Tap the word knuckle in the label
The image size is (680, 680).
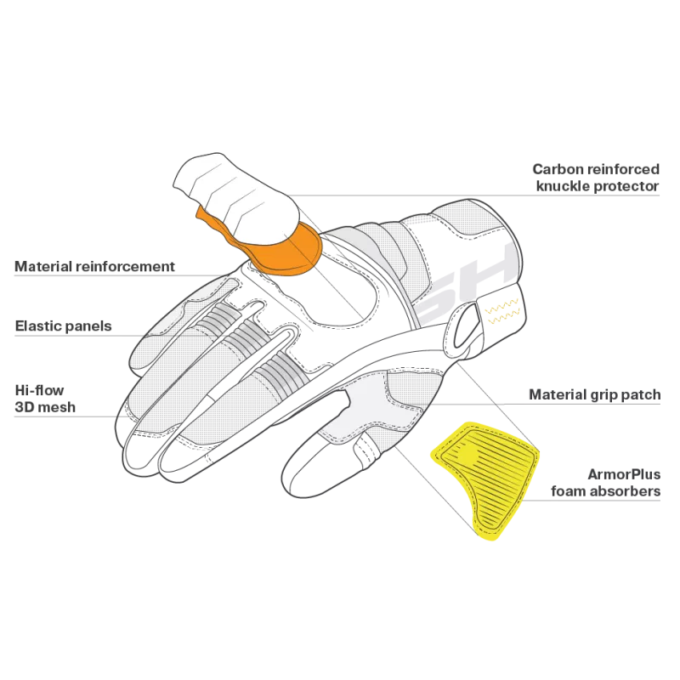(x=563, y=186)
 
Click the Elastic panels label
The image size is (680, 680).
(x=63, y=326)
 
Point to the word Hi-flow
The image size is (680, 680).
(x=39, y=390)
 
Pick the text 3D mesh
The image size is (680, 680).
(x=45, y=407)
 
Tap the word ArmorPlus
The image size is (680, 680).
(x=624, y=474)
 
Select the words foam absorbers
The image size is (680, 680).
(x=606, y=491)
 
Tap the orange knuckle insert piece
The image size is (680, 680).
(x=278, y=249)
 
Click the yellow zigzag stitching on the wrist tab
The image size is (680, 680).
(x=502, y=311)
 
